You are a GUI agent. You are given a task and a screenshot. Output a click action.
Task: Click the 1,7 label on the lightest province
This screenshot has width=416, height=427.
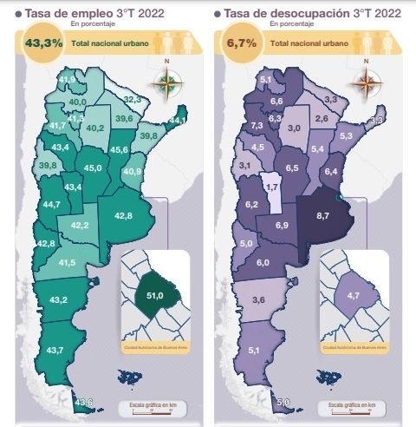click(271, 187)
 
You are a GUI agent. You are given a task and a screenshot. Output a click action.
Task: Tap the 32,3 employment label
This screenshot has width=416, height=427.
click(132, 101)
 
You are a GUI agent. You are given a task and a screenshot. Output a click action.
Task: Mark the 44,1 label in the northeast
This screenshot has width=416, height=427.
click(177, 120)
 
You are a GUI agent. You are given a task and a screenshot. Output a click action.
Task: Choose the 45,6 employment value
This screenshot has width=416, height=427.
click(120, 150)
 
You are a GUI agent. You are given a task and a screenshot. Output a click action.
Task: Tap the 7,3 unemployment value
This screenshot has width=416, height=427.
click(257, 126)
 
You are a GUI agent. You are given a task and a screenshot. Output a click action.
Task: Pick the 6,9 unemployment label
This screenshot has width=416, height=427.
click(282, 226)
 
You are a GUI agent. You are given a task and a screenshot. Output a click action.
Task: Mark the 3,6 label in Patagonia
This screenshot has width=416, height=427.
click(257, 299)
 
